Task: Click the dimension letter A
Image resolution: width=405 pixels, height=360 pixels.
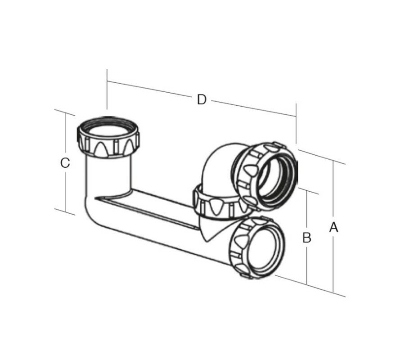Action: (333, 227)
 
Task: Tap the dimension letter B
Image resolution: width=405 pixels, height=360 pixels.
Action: (306, 238)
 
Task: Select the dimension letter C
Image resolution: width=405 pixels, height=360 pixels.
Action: (65, 163)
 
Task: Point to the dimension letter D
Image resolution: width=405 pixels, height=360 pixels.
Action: (202, 99)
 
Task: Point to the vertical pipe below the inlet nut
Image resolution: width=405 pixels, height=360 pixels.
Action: (108, 173)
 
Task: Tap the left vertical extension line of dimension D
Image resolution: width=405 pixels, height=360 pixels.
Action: (107, 90)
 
